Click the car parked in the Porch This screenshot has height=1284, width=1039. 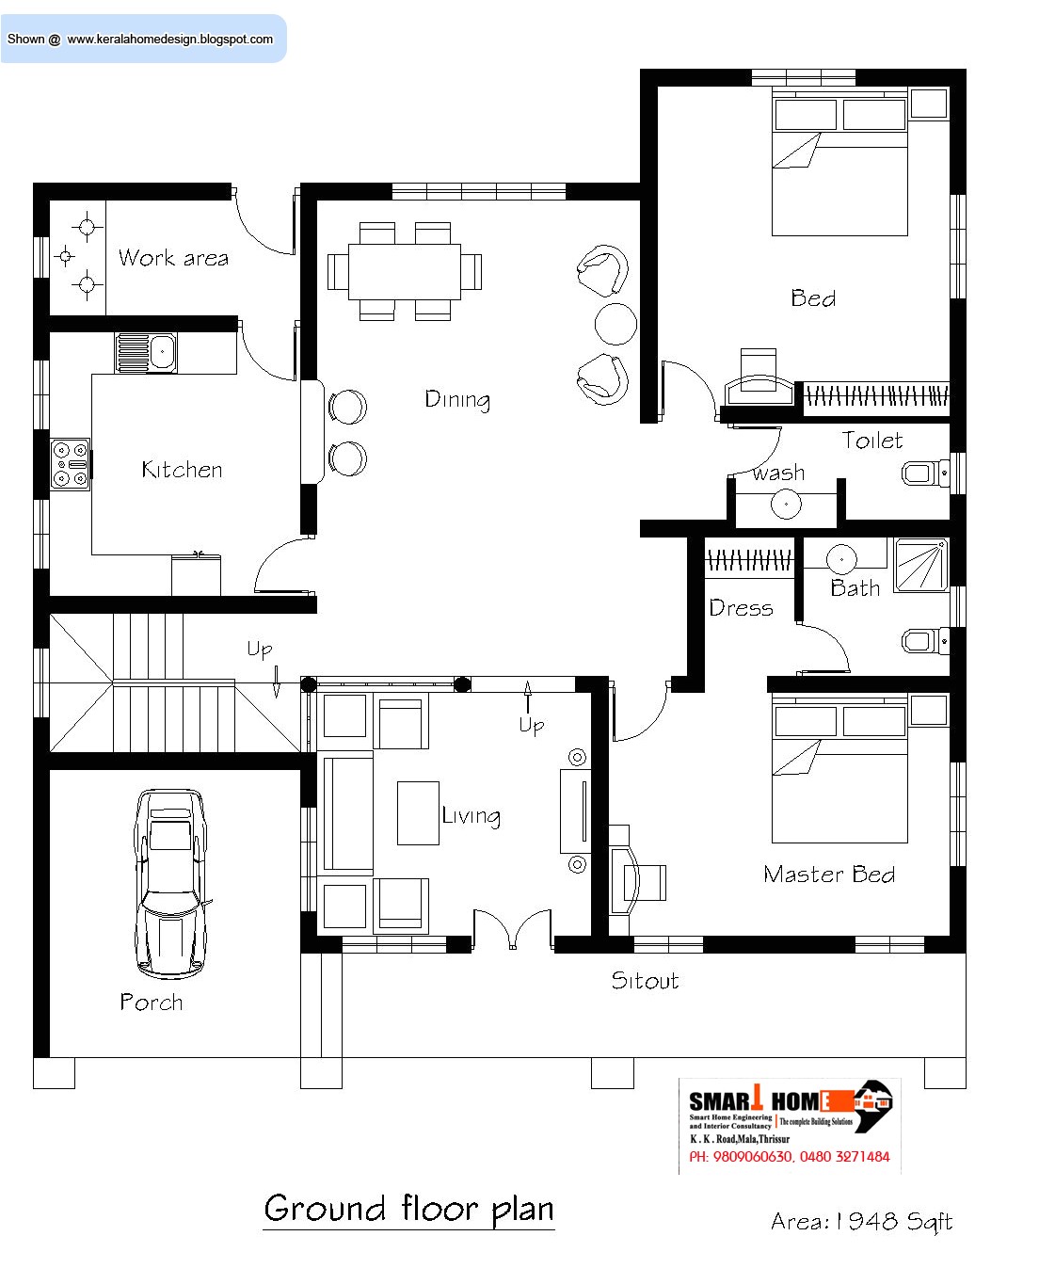(x=170, y=883)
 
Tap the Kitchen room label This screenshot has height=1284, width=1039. (x=182, y=470)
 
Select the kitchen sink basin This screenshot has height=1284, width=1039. (x=147, y=353)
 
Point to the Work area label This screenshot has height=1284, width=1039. (x=173, y=258)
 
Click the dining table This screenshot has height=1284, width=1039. (x=405, y=272)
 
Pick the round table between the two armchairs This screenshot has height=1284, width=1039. (x=615, y=324)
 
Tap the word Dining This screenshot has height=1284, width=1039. (x=457, y=400)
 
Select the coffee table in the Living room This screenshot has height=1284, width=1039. (x=418, y=812)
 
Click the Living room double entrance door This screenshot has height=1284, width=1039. (x=512, y=927)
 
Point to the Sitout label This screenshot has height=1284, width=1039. (x=645, y=981)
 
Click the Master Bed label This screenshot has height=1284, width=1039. (x=829, y=875)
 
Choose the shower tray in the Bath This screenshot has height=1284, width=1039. (x=920, y=565)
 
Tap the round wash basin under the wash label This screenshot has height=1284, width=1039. (x=786, y=505)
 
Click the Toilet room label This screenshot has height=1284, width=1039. (x=872, y=441)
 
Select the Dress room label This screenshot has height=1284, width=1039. (x=741, y=608)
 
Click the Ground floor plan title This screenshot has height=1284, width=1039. (x=408, y=1209)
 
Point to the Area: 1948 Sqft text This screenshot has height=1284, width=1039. (x=861, y=1222)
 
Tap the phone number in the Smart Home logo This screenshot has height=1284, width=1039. (x=789, y=1157)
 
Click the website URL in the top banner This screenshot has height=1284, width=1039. (x=170, y=40)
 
